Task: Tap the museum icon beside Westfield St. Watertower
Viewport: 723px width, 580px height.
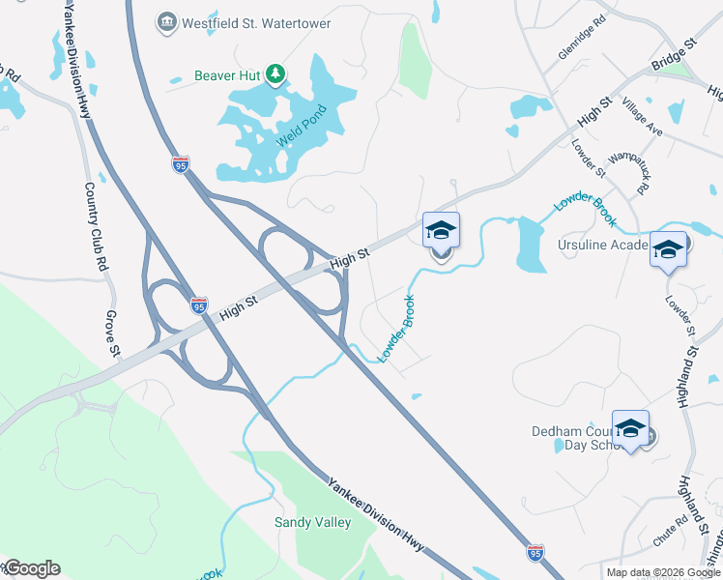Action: coord(167,21)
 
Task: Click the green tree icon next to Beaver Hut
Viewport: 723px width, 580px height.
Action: coord(276,73)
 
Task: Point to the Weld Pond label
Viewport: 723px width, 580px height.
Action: coord(296,125)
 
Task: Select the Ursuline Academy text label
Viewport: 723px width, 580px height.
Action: coord(601,246)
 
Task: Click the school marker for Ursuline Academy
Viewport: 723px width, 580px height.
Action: coord(669,249)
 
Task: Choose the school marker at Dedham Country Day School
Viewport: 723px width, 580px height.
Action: coord(630,427)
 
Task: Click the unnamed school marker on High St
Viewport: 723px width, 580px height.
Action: coord(441,230)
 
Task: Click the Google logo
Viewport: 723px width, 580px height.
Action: coord(31,568)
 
